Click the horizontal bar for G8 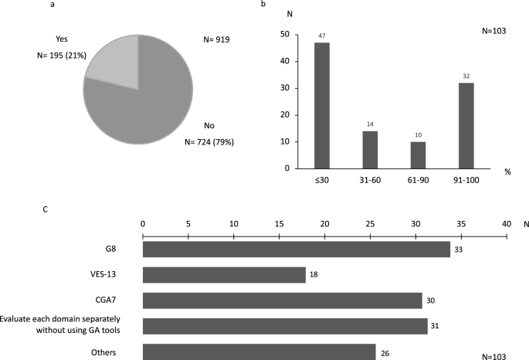pyautogui.click(x=297, y=250)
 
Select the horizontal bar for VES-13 pyautogui.click(x=224, y=275)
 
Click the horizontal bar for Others pyautogui.click(x=259, y=352)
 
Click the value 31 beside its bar pyautogui.click(x=436, y=326)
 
